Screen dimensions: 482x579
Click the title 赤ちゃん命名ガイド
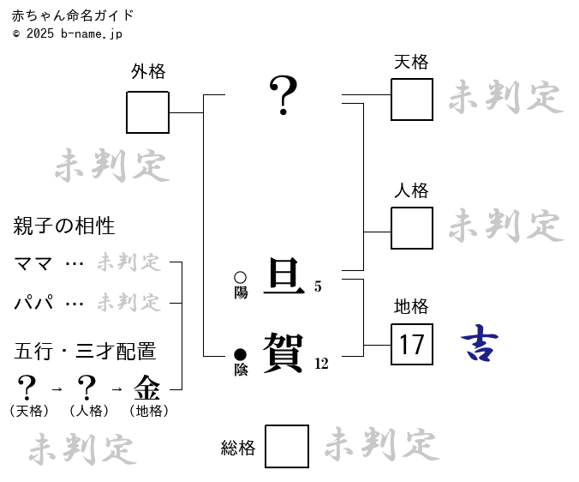tap(73, 15)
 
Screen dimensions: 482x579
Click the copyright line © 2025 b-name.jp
tap(68, 33)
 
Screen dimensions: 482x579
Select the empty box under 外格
tap(147, 112)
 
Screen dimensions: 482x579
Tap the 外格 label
tap(147, 72)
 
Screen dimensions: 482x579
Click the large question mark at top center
tap(284, 94)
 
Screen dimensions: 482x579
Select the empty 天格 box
tap(412, 99)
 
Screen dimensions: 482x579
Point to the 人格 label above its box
tap(411, 191)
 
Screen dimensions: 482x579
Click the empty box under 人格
tap(412, 228)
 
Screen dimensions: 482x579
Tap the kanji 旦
tap(284, 276)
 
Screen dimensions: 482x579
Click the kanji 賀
tap(284, 352)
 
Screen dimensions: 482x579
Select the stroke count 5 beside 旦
tap(318, 287)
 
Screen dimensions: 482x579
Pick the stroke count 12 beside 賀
tap(321, 364)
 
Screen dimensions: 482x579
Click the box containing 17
tap(412, 345)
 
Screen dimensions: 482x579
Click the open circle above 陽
tap(240, 278)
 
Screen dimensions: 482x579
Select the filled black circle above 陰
tap(240, 354)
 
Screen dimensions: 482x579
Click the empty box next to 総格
tap(287, 447)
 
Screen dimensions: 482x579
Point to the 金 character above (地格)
tap(146, 388)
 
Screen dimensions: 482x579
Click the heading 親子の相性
tap(64, 226)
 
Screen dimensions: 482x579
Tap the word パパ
tap(33, 303)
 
